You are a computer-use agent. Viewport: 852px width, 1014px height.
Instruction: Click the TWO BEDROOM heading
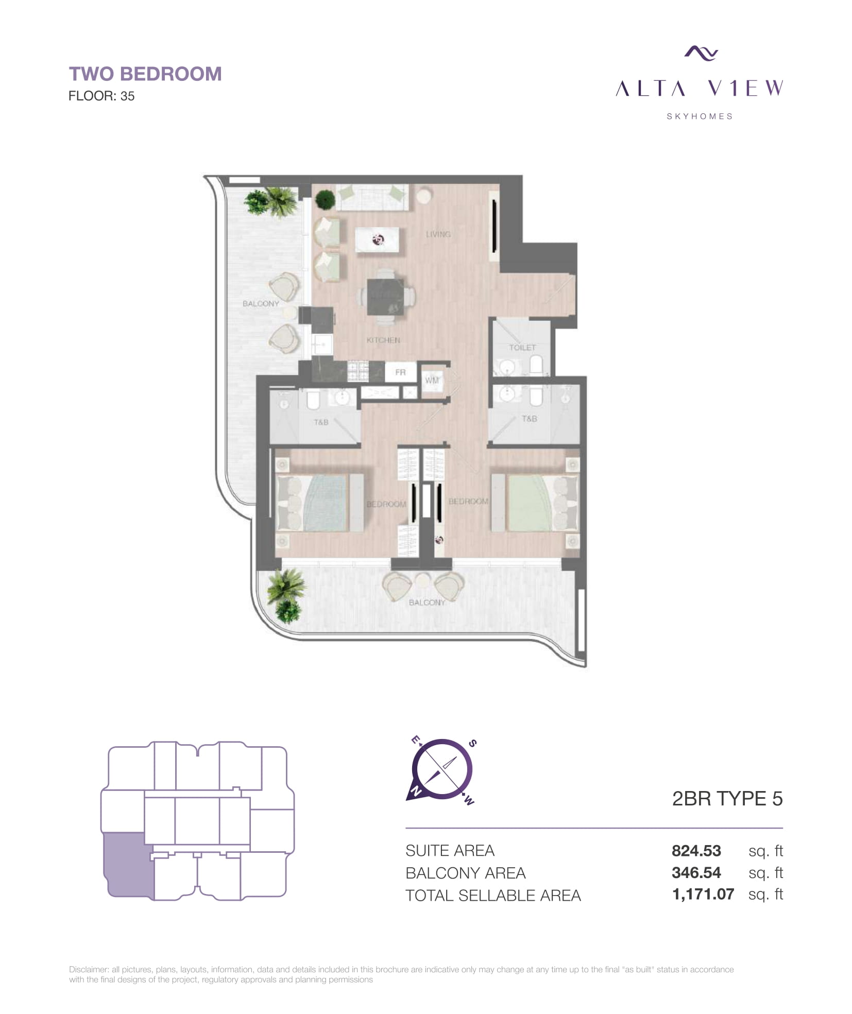click(145, 74)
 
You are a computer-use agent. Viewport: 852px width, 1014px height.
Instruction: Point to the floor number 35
click(127, 96)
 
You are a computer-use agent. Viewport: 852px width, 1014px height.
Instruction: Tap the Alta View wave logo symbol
click(701, 53)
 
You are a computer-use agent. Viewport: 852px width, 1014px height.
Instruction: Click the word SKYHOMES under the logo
click(700, 116)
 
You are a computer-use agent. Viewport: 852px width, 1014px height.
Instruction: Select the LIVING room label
click(438, 234)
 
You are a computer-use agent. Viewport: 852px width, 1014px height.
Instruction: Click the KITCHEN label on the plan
click(383, 340)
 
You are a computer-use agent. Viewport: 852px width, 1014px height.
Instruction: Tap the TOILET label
click(522, 348)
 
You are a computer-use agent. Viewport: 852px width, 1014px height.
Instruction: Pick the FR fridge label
click(400, 372)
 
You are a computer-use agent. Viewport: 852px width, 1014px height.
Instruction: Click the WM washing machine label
click(432, 381)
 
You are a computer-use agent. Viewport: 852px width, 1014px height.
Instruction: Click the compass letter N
click(414, 790)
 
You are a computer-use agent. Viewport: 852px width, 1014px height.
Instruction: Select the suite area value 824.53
click(696, 851)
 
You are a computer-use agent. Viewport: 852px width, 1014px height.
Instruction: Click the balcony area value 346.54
click(696, 873)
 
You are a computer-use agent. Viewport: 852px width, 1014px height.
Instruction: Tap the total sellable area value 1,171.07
click(703, 895)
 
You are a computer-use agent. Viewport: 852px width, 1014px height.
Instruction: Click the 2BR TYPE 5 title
click(727, 799)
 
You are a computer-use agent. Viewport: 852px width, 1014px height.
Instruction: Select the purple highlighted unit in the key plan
click(127, 866)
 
